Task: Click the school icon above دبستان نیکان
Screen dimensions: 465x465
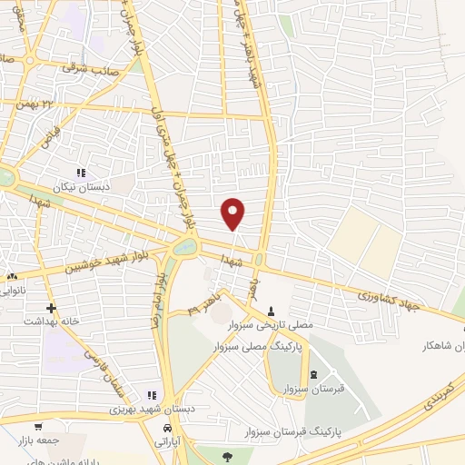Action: pyautogui.click(x=81, y=173)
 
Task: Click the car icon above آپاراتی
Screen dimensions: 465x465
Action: pyautogui.click(x=166, y=427)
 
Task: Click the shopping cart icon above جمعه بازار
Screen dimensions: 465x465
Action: pyautogui.click(x=37, y=425)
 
